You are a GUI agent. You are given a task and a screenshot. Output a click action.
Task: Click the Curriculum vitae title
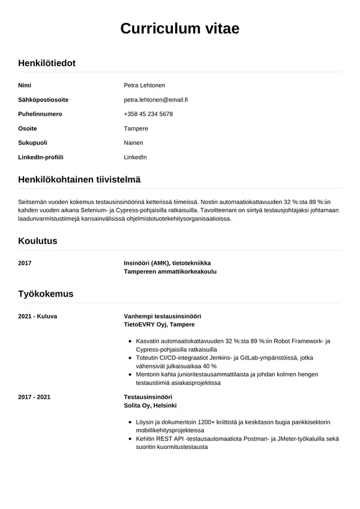point(180,28)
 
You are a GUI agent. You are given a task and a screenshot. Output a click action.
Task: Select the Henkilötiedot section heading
point(47,63)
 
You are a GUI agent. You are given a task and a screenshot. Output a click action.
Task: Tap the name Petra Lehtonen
point(144,85)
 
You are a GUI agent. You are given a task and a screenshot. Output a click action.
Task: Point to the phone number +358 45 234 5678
point(148,114)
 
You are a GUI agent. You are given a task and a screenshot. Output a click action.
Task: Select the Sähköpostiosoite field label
point(43,100)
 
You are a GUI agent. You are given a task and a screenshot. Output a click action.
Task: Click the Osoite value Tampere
point(136,128)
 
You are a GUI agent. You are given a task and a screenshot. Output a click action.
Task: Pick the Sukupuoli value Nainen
point(133,143)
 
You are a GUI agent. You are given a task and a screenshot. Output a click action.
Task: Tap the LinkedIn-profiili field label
point(41,157)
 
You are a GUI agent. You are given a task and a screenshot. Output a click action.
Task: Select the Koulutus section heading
point(38,241)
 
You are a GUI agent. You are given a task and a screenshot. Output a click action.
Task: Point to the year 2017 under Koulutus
point(25,263)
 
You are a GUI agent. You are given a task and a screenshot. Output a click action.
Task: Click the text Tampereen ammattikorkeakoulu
point(170,271)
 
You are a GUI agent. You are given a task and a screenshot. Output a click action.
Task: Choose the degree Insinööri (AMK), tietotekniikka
point(167,263)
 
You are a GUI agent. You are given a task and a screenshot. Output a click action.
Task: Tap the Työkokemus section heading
point(46,294)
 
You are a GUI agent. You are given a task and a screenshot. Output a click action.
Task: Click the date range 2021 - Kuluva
point(38,316)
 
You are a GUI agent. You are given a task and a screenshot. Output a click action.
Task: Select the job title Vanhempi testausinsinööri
point(162,316)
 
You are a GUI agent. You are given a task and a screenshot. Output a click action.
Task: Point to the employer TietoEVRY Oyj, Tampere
point(159,324)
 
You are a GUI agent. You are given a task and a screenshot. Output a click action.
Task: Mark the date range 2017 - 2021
point(34,397)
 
